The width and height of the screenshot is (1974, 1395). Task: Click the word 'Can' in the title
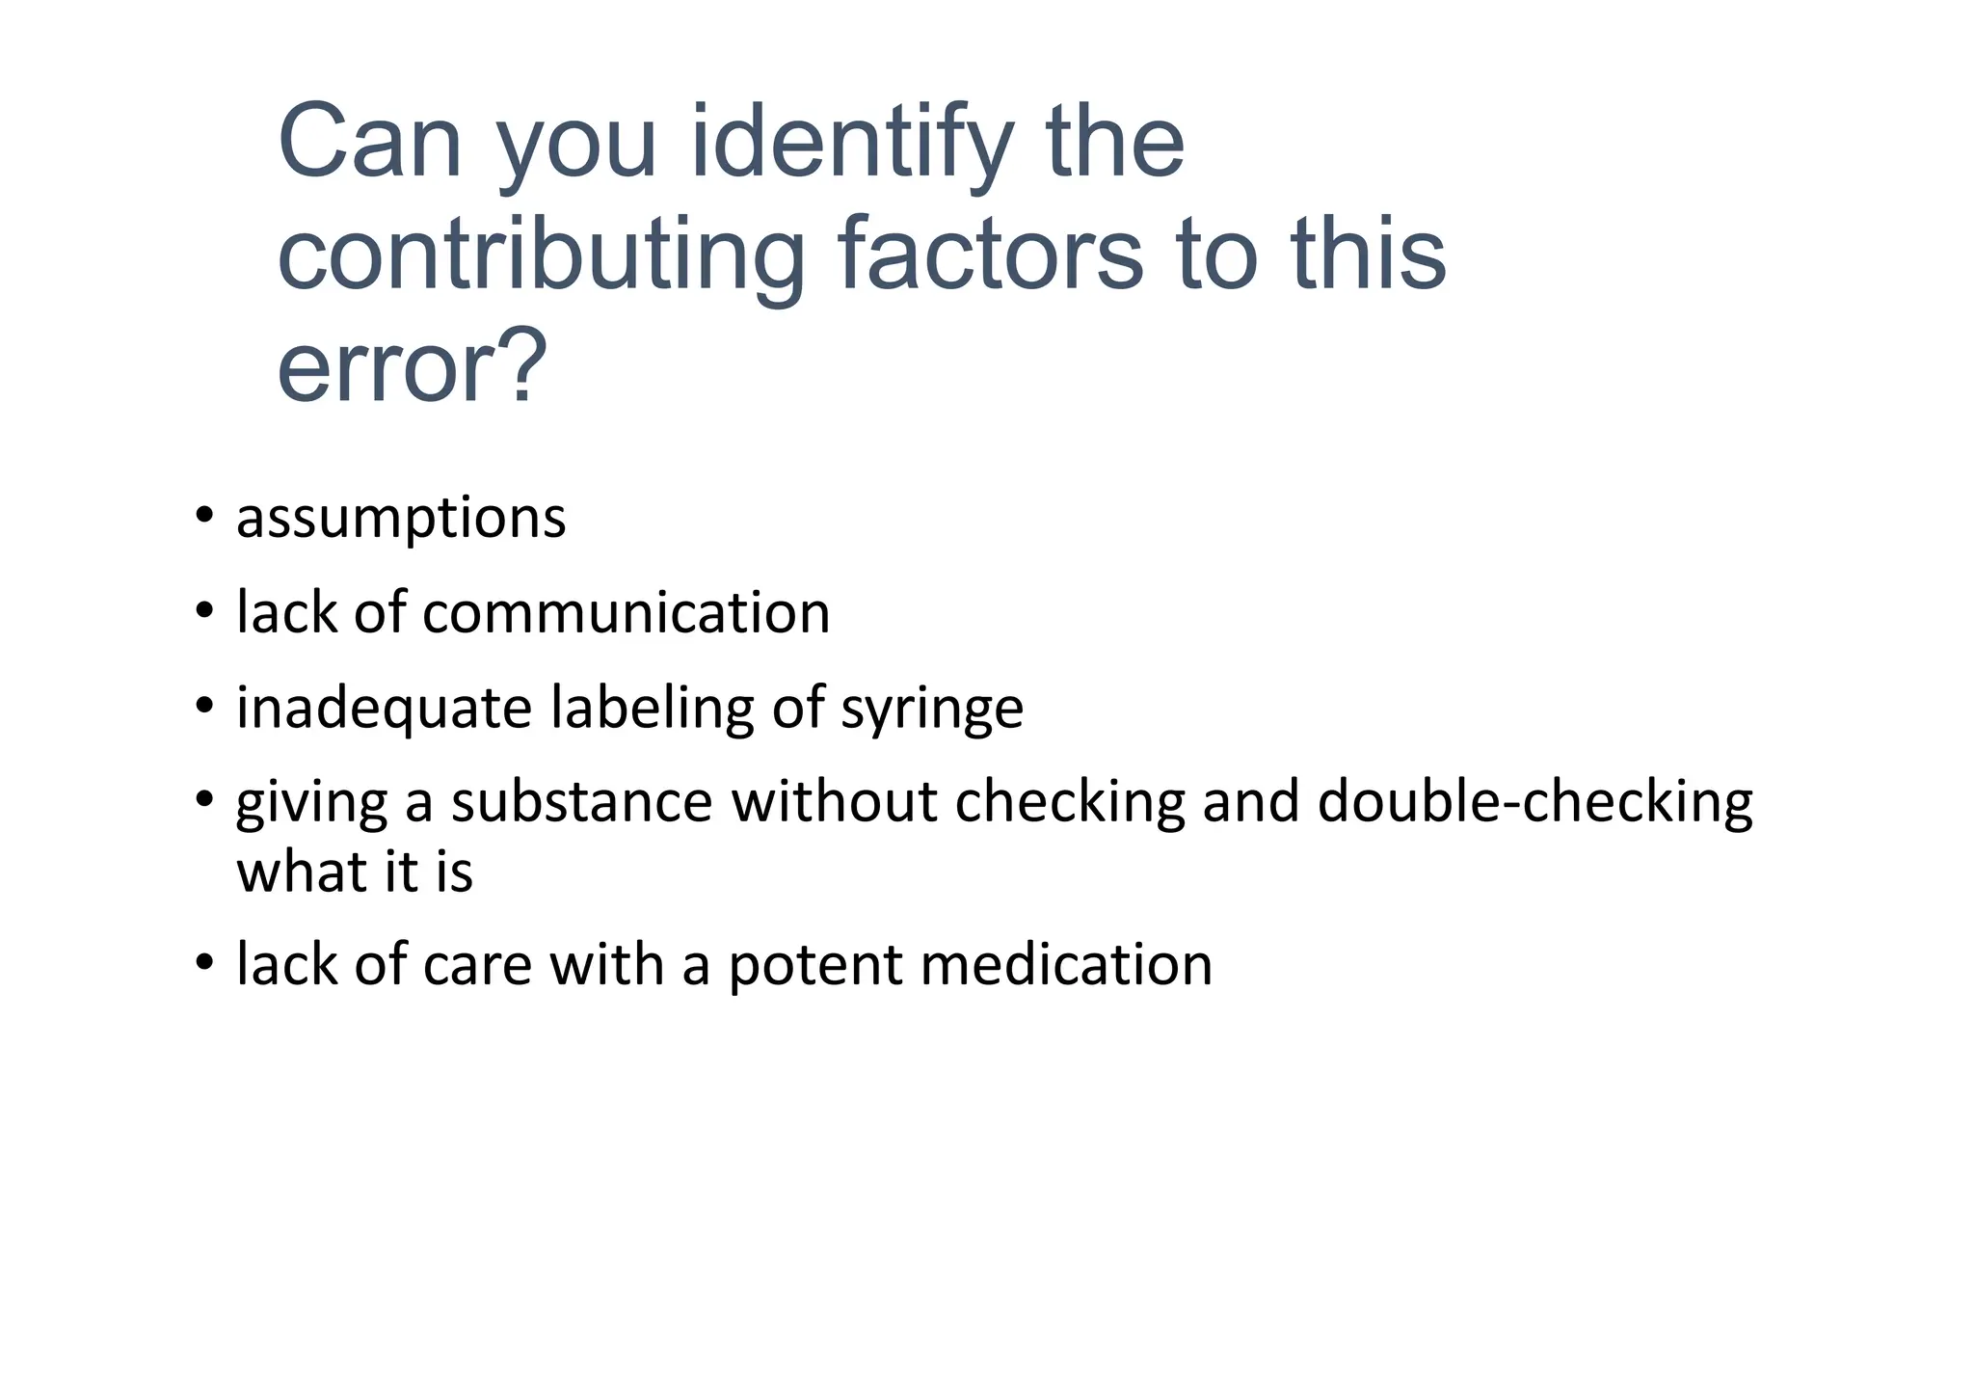click(370, 143)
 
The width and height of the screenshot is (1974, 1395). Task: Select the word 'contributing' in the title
click(541, 255)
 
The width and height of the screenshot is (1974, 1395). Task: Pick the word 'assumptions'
click(401, 519)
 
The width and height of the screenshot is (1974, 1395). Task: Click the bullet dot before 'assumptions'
click(203, 515)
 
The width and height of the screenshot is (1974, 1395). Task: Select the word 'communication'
click(626, 613)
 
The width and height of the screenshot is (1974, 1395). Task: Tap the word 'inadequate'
click(384, 708)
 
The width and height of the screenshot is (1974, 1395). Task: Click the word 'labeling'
click(653, 708)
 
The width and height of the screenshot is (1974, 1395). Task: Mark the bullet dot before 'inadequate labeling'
click(203, 706)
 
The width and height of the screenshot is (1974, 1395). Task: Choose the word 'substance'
click(581, 801)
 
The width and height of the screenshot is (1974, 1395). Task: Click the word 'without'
click(834, 801)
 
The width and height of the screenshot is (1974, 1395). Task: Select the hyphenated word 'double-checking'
click(1534, 801)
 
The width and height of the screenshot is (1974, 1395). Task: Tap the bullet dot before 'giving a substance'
click(203, 799)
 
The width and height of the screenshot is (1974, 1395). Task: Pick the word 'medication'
click(1066, 965)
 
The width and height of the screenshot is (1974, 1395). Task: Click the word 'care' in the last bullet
click(476, 965)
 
